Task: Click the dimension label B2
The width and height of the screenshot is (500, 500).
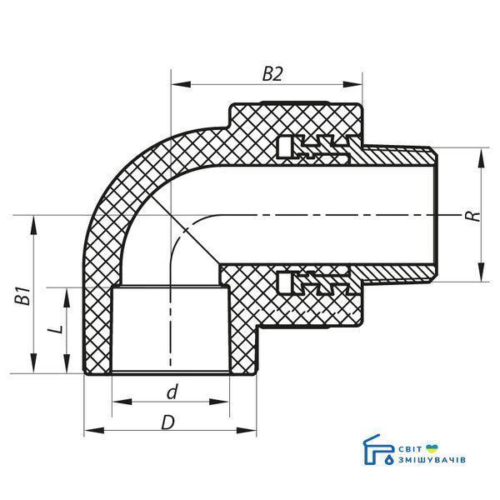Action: [272, 74]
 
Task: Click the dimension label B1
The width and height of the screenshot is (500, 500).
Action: [23, 296]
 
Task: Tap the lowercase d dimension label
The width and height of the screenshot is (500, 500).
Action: [172, 392]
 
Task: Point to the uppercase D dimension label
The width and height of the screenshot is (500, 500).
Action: [168, 423]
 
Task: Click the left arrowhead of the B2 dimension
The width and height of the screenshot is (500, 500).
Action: [181, 84]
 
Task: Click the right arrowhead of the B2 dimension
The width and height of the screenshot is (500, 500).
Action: [352, 84]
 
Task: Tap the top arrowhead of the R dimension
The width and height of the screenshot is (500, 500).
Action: [482, 157]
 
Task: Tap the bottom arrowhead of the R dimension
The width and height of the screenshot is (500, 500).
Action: [482, 272]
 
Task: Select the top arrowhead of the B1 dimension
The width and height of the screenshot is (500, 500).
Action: [34, 226]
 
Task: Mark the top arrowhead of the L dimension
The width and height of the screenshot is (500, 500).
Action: [67, 297]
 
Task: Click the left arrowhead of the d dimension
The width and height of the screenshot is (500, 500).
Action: [122, 402]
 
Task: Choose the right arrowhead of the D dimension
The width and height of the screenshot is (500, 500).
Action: [247, 431]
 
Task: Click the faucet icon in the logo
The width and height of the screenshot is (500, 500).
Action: [378, 450]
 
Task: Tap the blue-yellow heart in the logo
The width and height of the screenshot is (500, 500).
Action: [432, 448]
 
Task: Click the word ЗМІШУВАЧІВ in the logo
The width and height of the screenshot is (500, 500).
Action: [432, 460]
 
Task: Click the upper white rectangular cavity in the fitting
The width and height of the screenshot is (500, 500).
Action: [285, 147]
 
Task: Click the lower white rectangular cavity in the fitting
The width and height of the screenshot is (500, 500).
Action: [285, 282]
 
